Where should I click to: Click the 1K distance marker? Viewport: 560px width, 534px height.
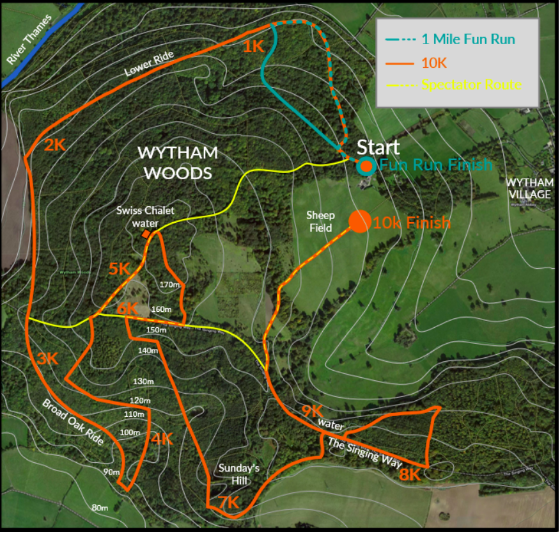(x=253, y=46)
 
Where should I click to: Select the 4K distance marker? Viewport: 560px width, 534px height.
(x=162, y=439)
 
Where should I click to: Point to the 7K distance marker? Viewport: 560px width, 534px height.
(x=228, y=503)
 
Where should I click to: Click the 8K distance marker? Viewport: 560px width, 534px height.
(x=409, y=474)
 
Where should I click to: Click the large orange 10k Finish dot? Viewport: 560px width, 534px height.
(x=360, y=221)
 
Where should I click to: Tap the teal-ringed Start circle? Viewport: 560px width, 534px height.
(x=366, y=166)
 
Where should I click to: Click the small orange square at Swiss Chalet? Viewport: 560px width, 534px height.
(x=146, y=235)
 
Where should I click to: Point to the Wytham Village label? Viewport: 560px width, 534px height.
(x=530, y=189)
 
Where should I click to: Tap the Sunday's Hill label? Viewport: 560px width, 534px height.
(x=237, y=474)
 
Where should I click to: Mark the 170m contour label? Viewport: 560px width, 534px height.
(x=169, y=284)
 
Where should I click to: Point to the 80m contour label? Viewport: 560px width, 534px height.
(x=99, y=508)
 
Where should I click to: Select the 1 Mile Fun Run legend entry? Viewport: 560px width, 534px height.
(x=468, y=39)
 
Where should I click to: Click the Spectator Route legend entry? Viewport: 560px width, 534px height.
(x=471, y=85)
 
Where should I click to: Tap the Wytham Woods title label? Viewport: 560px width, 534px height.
(x=178, y=163)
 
